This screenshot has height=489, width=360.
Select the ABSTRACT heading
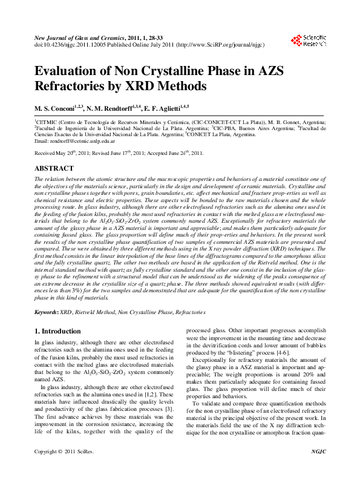click(x=54, y=168)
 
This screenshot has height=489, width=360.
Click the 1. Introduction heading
click(x=58, y=332)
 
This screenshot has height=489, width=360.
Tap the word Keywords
click(x=45, y=312)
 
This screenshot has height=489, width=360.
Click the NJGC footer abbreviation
click(x=318, y=469)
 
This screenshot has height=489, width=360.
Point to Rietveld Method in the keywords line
click(x=94, y=312)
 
